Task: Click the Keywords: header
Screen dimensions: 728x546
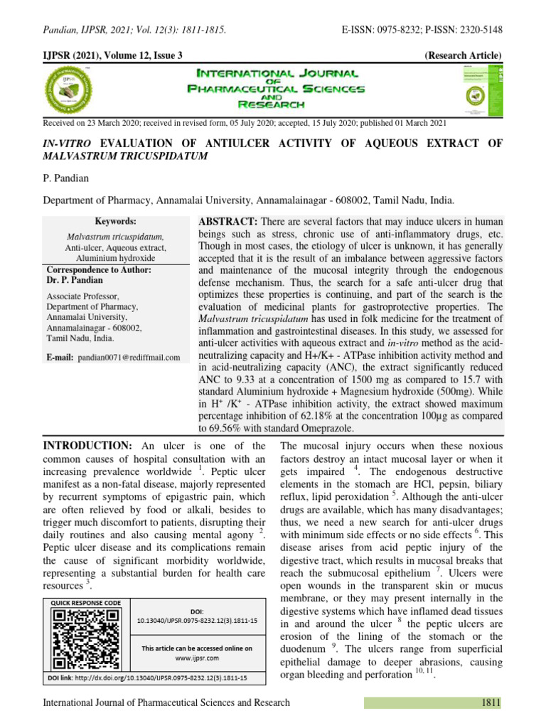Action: coord(115,221)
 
